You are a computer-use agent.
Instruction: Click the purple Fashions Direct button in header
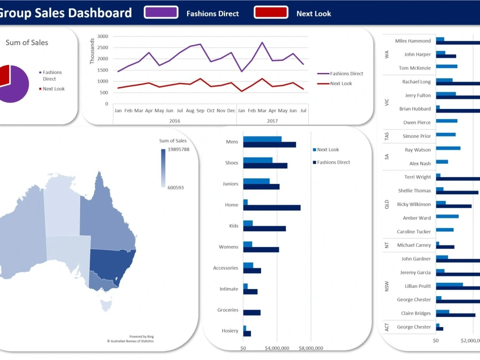(161, 12)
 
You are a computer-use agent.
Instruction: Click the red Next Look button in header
(271, 12)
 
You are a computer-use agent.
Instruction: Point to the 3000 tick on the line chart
(102, 36)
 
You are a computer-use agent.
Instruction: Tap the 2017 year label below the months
(272, 121)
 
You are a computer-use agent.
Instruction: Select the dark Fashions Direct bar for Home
(272, 208)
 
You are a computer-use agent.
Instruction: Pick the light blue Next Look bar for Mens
(262, 139)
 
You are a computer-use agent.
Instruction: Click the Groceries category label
(228, 310)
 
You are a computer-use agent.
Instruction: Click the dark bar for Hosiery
(247, 334)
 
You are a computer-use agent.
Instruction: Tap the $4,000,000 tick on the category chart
(277, 348)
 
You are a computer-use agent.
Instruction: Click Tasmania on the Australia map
(106, 303)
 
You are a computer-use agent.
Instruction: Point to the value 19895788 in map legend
(179, 149)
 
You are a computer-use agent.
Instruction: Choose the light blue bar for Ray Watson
(448, 148)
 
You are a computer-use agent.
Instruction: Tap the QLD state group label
(387, 204)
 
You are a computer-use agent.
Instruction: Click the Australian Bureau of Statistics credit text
(131, 341)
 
